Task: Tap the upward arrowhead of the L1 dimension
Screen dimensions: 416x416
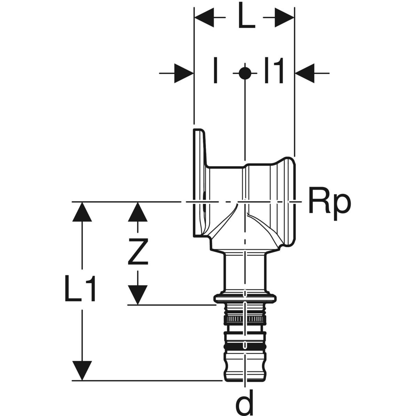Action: [82, 211]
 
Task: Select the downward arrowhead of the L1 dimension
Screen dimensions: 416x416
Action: [82, 370]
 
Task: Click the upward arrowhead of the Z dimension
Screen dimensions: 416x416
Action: [138, 211]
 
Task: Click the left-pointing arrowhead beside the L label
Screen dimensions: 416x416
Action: [205, 16]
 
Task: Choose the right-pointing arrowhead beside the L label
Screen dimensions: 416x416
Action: [284, 16]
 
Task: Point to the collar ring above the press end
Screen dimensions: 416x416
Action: [245, 297]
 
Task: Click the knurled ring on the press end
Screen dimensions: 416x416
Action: [245, 318]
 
